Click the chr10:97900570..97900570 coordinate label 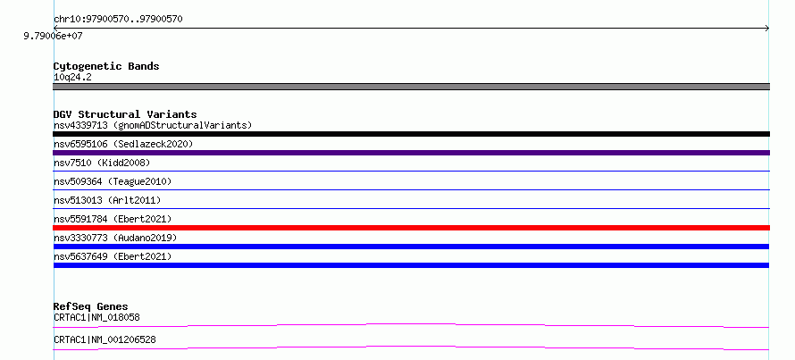tap(118, 20)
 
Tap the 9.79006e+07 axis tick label tap(54, 37)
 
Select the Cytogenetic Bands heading tap(106, 66)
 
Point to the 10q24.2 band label tap(72, 78)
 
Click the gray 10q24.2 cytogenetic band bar tap(411, 87)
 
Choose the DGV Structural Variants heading tap(125, 114)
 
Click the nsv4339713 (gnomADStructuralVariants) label tap(153, 125)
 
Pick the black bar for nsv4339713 tap(411, 134)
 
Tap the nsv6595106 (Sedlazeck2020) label tap(123, 144)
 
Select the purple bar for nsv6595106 tap(411, 153)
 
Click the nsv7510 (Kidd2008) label tap(102, 163)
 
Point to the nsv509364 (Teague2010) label tap(113, 181)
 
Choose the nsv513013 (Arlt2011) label tap(107, 200)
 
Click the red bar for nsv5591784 tap(411, 228)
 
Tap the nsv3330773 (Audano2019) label tap(115, 238)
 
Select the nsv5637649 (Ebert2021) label tap(113, 256)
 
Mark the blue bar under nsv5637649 tap(411, 265)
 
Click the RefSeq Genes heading tap(90, 306)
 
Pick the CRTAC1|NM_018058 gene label tap(96, 317)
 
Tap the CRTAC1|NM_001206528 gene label tap(105, 339)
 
